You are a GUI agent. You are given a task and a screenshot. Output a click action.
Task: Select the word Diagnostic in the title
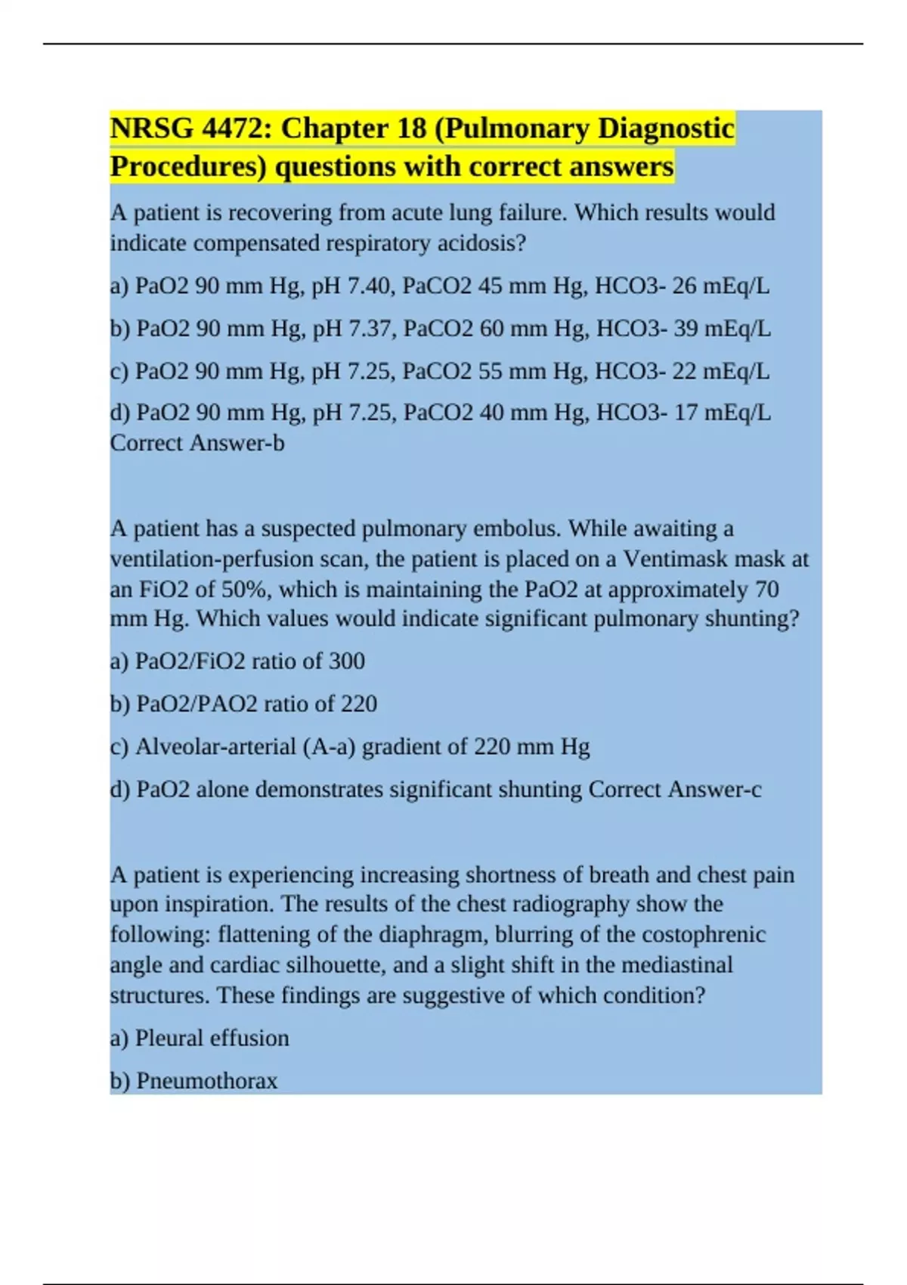click(x=666, y=129)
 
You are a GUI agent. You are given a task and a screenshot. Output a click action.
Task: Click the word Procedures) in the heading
click(x=188, y=167)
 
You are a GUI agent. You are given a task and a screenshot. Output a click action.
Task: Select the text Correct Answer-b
click(x=197, y=443)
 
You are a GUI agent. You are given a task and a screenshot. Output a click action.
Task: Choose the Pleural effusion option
click(x=212, y=1039)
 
